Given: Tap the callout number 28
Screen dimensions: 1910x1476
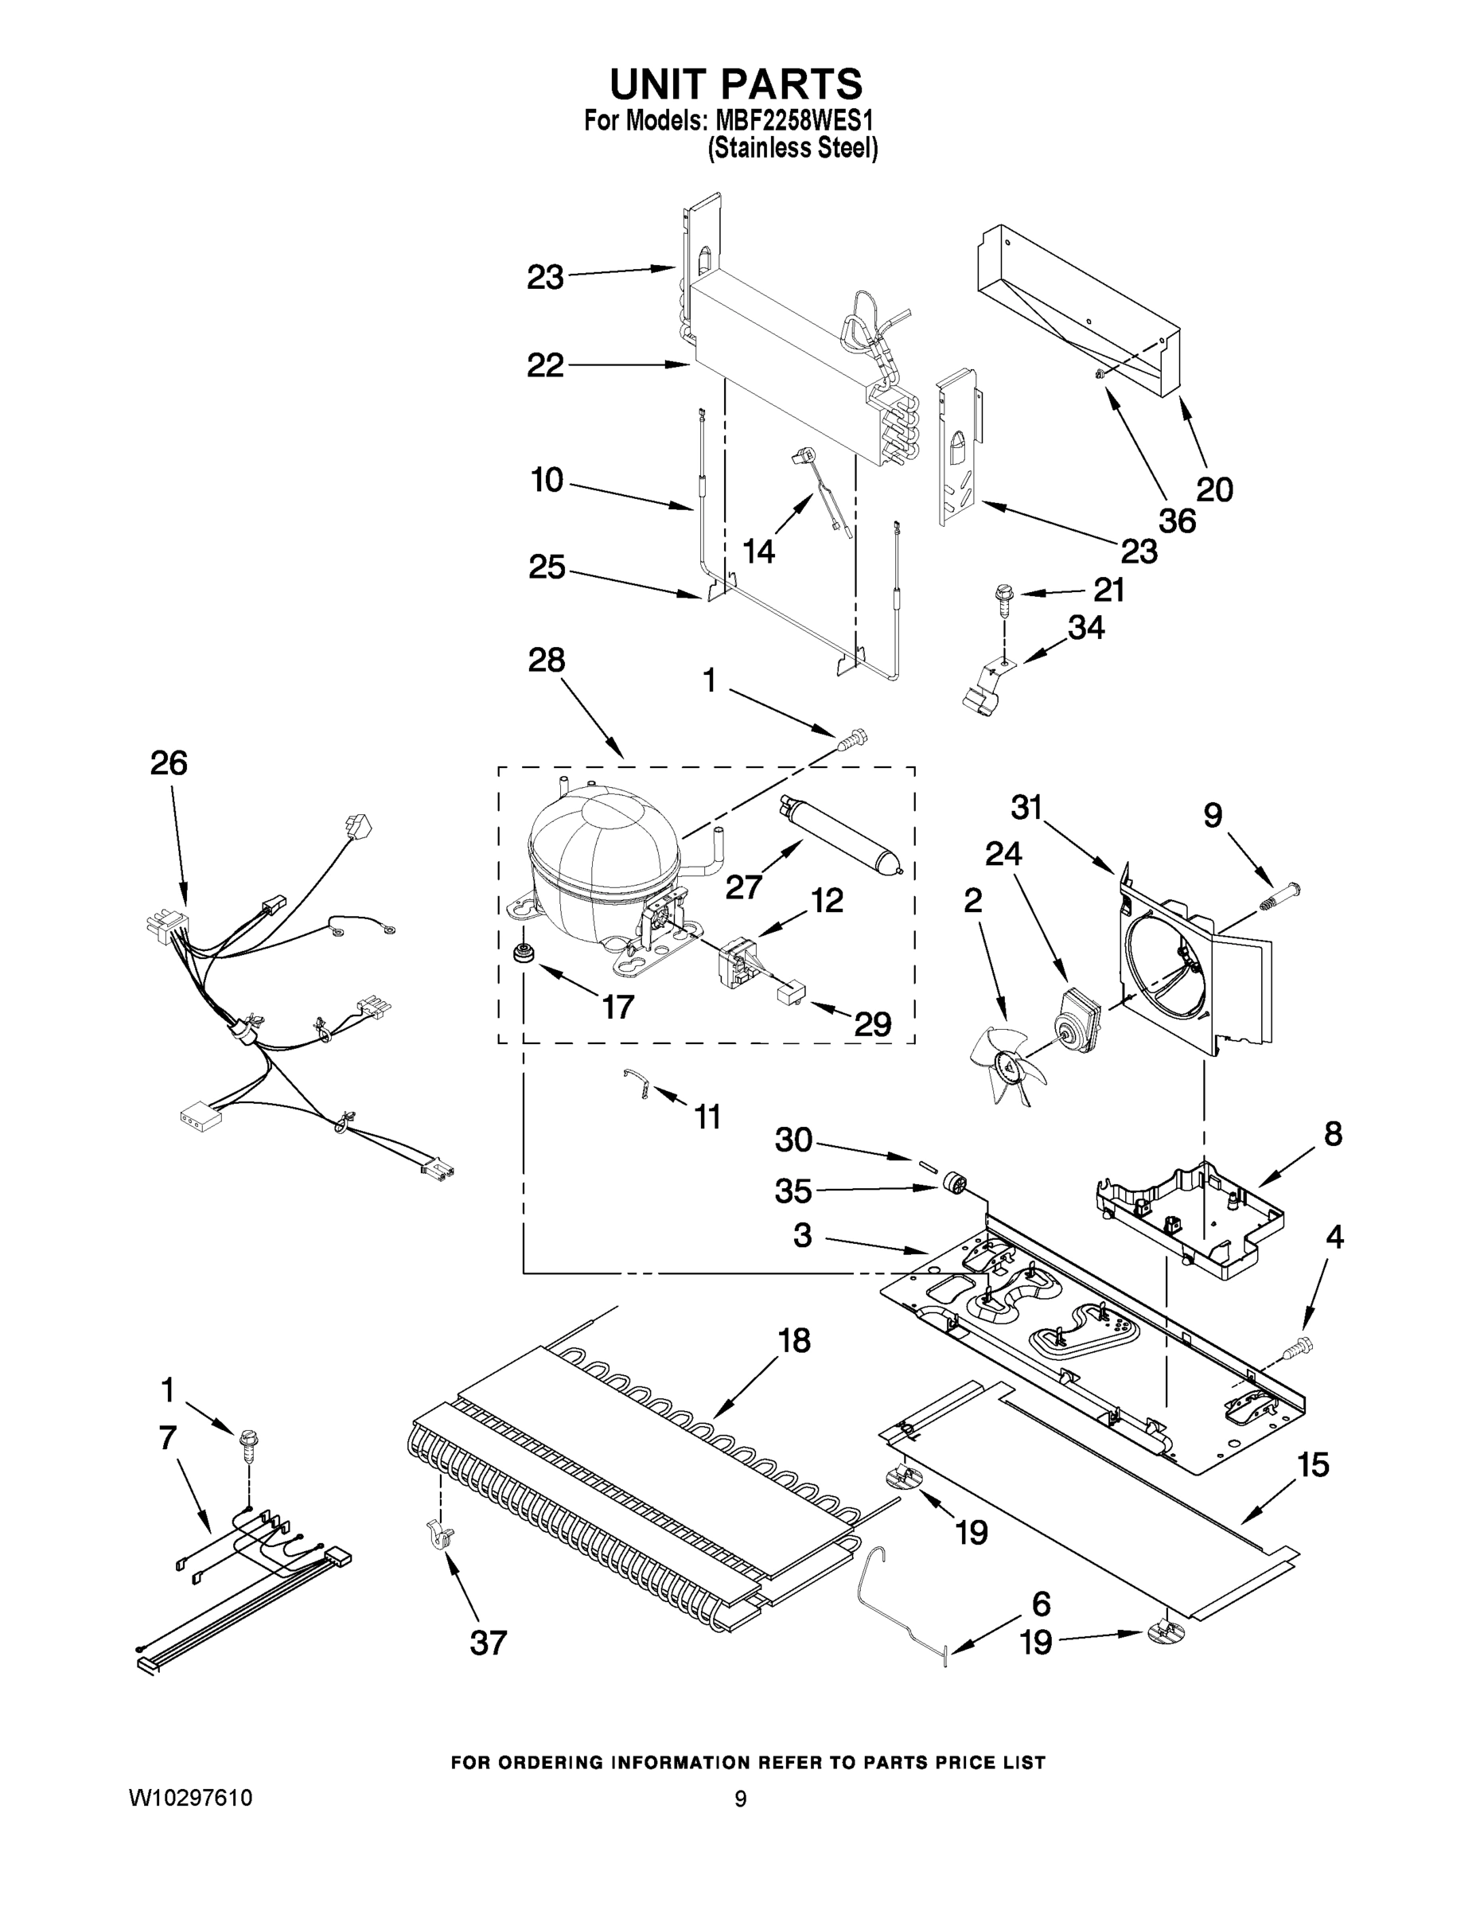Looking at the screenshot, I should (547, 661).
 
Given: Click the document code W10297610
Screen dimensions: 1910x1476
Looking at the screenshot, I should (191, 1799).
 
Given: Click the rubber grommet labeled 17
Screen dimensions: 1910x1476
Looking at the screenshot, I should (524, 954).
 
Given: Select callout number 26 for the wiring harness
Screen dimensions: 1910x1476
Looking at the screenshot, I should (169, 763).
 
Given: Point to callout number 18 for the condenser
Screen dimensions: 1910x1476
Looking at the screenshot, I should (794, 1341).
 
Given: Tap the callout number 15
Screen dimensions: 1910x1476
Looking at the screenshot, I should (1311, 1465).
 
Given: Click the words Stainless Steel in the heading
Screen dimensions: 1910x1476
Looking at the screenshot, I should (793, 149).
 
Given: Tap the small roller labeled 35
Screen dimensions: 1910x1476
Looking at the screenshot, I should (952, 1187).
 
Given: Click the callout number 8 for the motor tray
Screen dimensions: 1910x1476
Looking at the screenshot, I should (1333, 1134).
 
